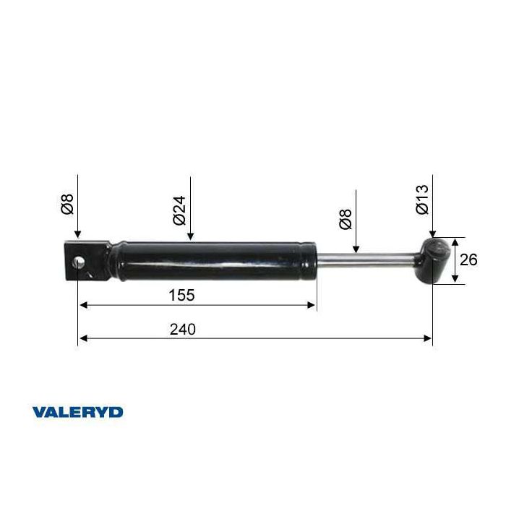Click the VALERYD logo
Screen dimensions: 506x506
point(77,413)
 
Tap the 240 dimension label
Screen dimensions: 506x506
point(183,330)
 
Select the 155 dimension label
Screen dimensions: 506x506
point(182,295)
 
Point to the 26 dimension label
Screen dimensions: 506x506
point(468,260)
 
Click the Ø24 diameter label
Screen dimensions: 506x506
point(179,210)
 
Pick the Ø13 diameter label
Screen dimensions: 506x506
point(422,200)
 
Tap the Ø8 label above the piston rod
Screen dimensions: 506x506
point(346,220)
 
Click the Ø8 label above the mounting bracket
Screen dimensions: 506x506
point(67,205)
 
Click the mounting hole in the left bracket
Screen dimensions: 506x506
point(78,262)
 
